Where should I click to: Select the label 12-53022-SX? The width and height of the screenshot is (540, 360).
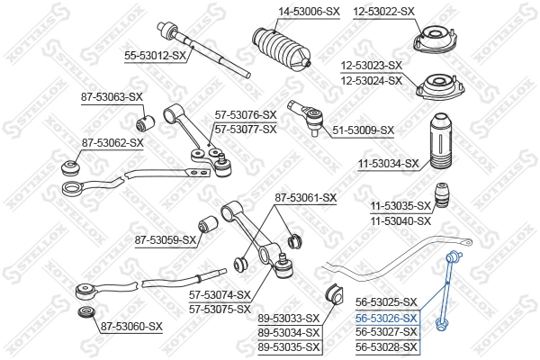click(x=383, y=11)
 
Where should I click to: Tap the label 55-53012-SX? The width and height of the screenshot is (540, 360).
click(x=155, y=56)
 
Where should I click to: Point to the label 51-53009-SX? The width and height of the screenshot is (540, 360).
click(x=364, y=130)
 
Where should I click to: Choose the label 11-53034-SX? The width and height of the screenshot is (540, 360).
click(x=389, y=164)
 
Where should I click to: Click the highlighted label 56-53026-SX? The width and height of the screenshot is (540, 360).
click(x=386, y=319)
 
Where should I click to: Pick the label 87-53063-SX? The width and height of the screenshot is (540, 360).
click(x=112, y=96)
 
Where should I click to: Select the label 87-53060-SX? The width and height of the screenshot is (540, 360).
click(x=131, y=326)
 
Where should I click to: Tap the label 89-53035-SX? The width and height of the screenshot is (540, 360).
click(x=289, y=346)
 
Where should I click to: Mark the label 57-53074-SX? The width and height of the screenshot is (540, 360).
click(x=219, y=294)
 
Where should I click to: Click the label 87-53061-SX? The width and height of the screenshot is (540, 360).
click(x=305, y=197)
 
